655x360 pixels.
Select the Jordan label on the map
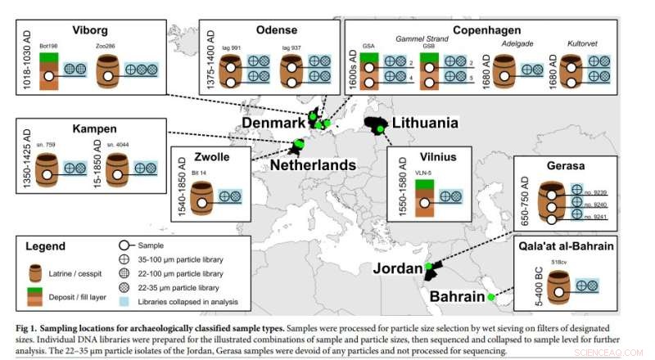395,268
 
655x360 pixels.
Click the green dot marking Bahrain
491,298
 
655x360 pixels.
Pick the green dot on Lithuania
380,128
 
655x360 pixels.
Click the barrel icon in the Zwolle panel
201,197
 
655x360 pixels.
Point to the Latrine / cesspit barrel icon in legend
35,272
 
